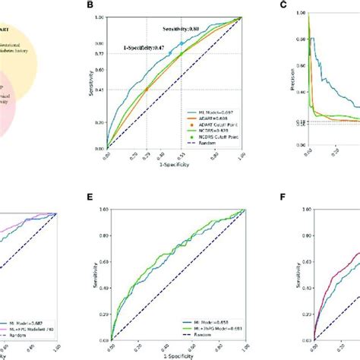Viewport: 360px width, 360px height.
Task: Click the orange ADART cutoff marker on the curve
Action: coord(146,90)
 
